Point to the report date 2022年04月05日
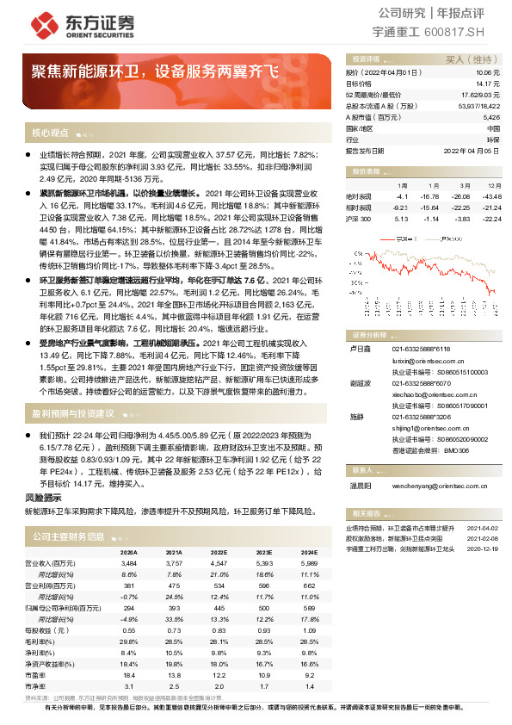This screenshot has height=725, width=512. (x=472, y=150)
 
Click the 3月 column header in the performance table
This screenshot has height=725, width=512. (x=464, y=185)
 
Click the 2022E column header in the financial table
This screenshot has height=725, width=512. (x=219, y=551)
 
